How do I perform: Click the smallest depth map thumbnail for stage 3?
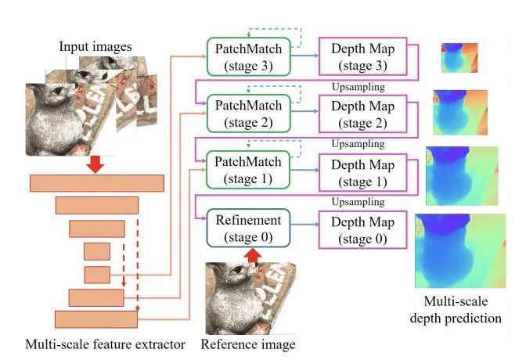(459, 57)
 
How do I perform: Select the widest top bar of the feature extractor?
(96, 183)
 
